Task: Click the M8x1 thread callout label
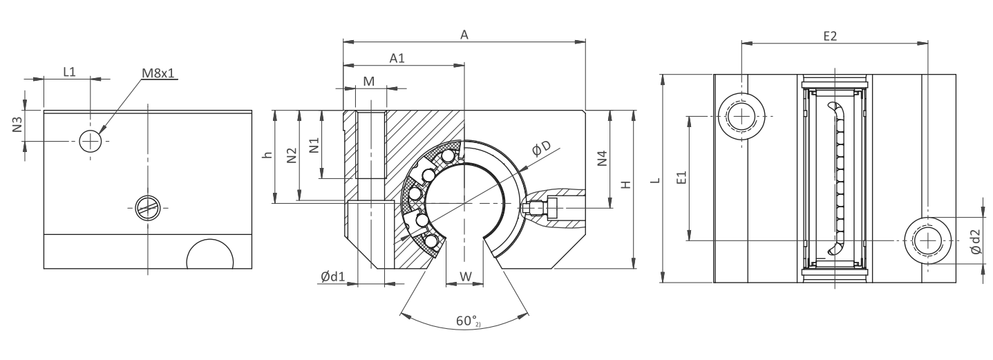[159, 73]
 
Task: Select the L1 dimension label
[70, 72]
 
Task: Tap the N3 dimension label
[17, 124]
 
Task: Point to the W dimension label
[466, 277]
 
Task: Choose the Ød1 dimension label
[333, 277]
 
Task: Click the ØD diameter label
[541, 149]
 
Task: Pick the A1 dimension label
[397, 58]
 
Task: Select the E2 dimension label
[830, 37]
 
